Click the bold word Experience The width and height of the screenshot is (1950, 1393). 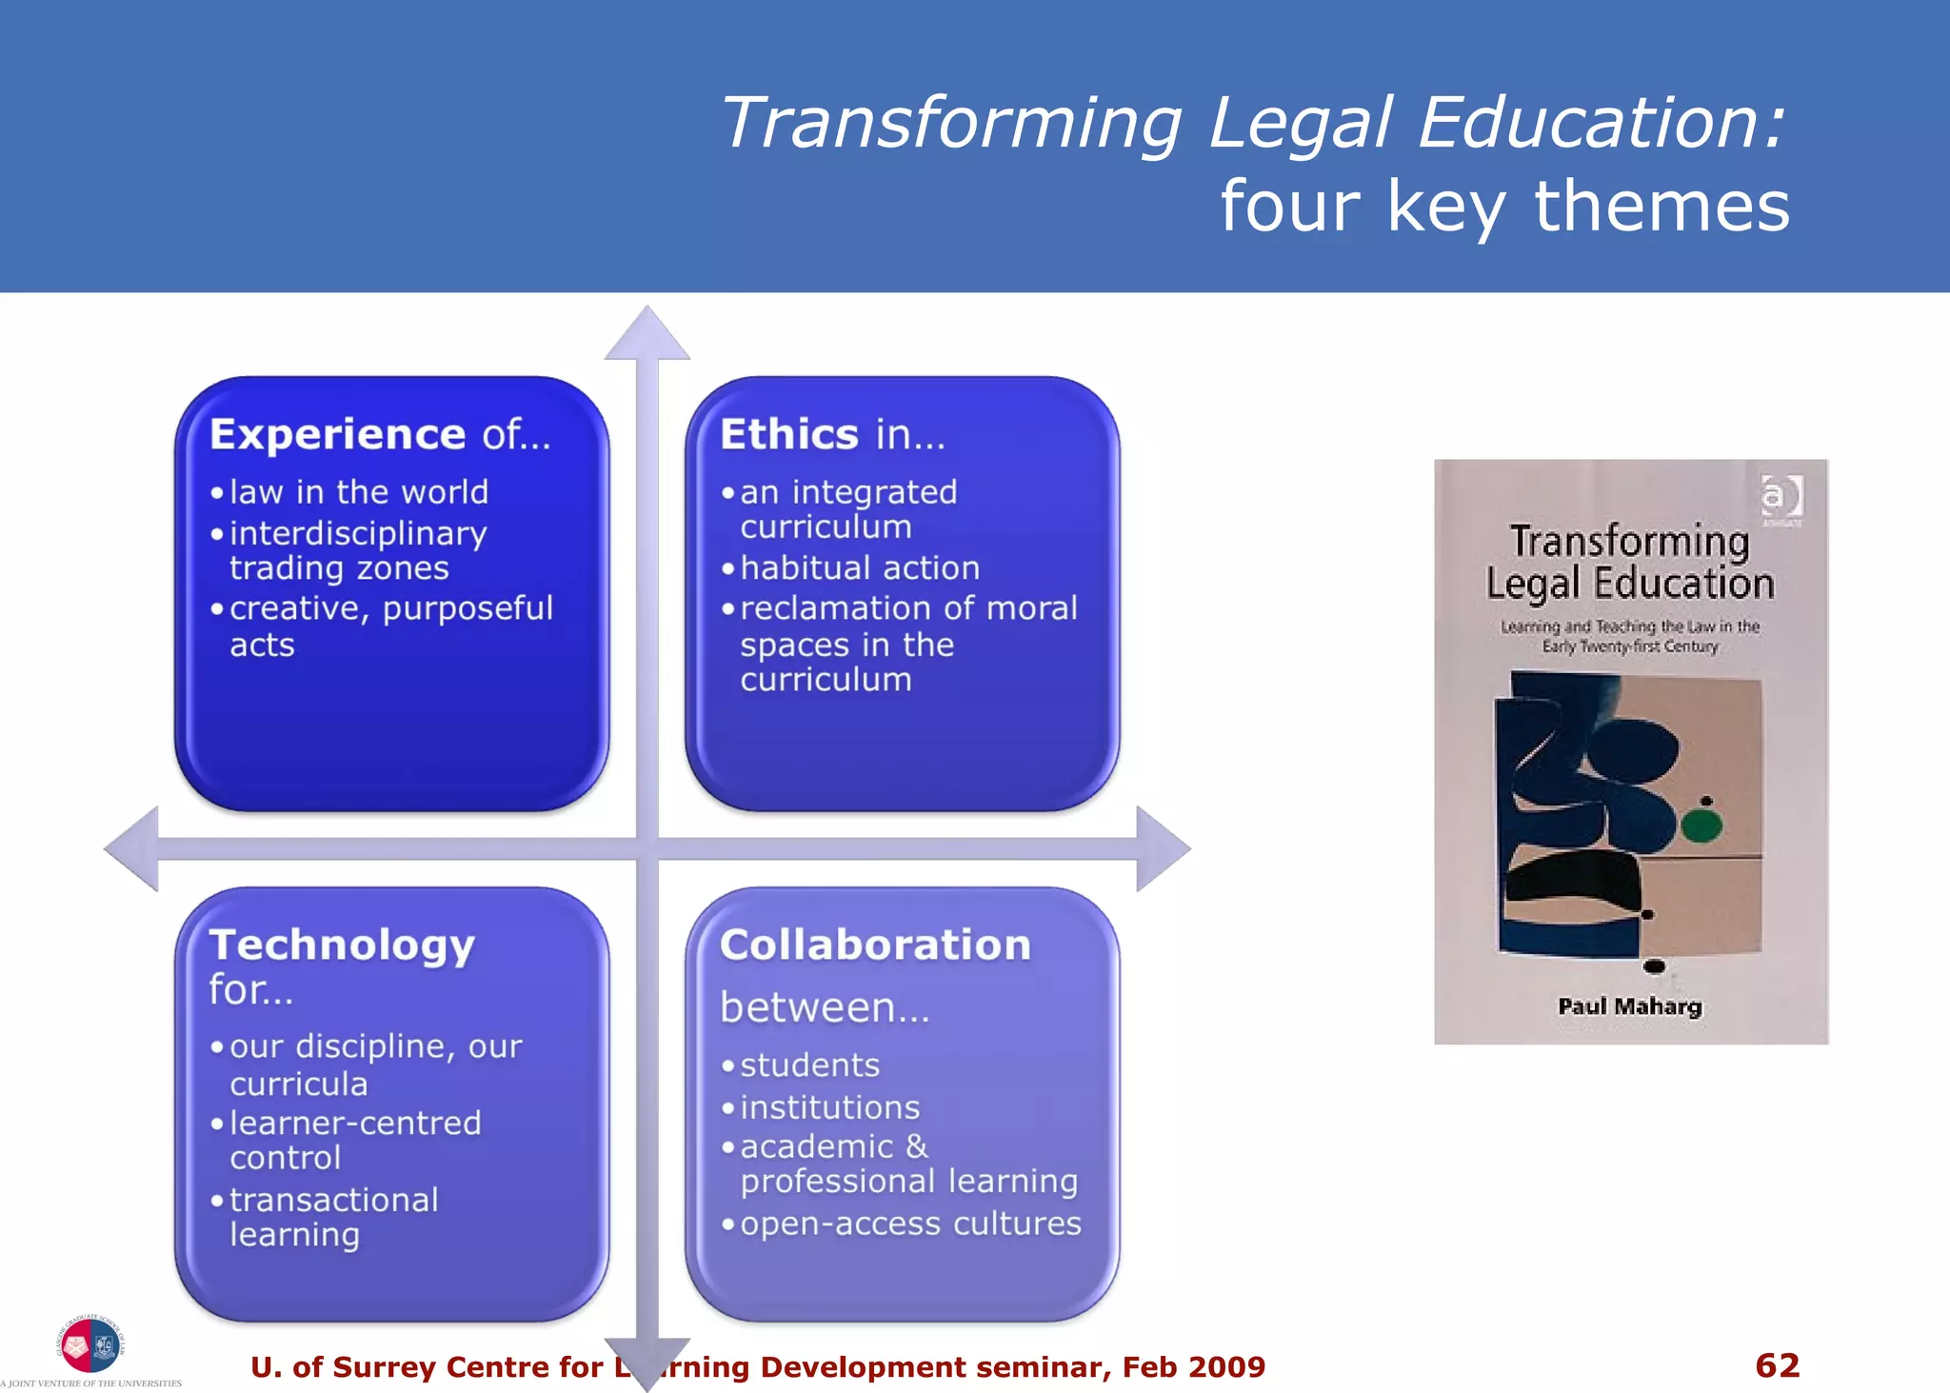coord(337,434)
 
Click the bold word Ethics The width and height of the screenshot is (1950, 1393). coord(789,434)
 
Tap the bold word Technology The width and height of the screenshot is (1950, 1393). coord(342,945)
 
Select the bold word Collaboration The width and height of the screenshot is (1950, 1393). coord(875,945)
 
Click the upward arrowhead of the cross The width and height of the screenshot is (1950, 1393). coord(647,334)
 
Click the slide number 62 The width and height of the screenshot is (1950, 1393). coord(1777,1365)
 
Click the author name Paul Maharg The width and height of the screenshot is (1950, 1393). coord(1629,1006)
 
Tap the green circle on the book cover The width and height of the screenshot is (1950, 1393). coord(1701,824)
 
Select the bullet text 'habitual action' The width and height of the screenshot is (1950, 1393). coord(860,567)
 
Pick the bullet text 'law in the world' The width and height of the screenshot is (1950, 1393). coord(359,492)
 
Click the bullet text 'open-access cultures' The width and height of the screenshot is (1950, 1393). coord(910,1224)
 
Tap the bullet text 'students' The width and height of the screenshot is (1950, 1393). coord(809,1065)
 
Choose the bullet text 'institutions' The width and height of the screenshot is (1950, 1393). coord(829,1107)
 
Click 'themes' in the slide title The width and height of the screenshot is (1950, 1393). coord(1661,206)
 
